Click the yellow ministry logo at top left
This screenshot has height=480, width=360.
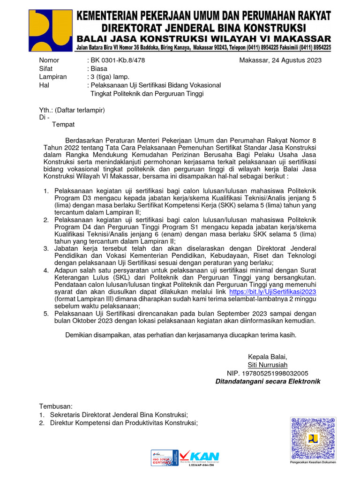click(x=50, y=30)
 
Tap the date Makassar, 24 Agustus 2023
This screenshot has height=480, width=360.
click(x=280, y=60)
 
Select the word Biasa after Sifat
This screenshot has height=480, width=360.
click(x=99, y=68)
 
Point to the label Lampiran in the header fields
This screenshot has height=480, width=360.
click(x=52, y=77)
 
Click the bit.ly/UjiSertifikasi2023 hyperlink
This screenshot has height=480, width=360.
click(x=272, y=291)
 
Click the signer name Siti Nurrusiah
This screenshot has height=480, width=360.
click(x=268, y=365)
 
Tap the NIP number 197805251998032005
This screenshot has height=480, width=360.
click(x=268, y=373)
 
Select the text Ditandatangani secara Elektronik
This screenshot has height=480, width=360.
click(x=268, y=382)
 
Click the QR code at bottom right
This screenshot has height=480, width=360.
click(x=313, y=437)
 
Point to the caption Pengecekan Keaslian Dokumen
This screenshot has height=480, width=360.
click(x=313, y=462)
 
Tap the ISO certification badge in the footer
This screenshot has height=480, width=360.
click(x=164, y=457)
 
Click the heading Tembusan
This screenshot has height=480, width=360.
click(x=56, y=406)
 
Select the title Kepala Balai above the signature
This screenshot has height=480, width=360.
click(x=268, y=356)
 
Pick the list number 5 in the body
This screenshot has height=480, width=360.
click(x=46, y=313)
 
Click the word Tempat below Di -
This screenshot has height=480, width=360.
click(x=63, y=125)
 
